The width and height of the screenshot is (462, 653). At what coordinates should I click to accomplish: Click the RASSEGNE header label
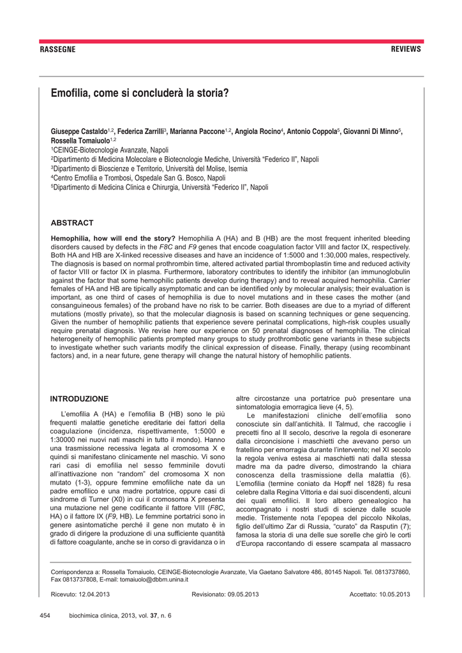pos(57,49)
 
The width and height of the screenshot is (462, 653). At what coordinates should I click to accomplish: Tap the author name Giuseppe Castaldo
pos(78,131)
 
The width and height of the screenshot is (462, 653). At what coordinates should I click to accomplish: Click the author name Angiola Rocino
pos(258,131)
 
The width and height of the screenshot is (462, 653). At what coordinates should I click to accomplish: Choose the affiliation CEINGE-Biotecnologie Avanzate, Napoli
pos(107,150)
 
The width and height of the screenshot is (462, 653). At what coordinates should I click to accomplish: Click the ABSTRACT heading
pos(71,223)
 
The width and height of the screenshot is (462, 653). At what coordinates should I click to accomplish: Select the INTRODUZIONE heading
pos(79,399)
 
